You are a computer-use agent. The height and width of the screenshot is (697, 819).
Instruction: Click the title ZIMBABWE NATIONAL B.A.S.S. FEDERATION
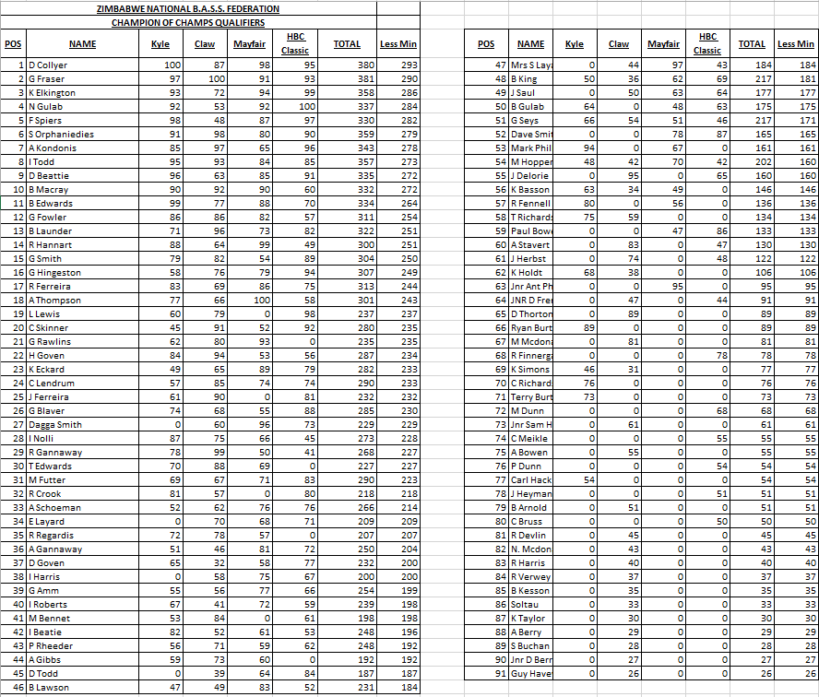point(188,9)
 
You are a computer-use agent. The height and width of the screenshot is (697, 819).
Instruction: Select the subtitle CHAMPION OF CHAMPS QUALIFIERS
point(188,23)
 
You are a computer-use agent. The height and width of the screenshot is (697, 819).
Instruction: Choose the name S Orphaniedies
point(61,135)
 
